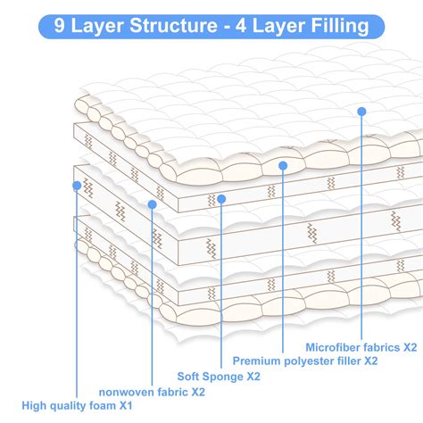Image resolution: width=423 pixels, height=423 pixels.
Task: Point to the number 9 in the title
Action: [x=60, y=26]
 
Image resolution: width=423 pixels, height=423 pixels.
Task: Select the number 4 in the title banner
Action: [x=245, y=26]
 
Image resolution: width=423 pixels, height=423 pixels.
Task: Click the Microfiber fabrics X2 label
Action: [x=361, y=345]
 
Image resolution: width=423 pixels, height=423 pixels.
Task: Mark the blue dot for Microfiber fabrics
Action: [x=361, y=112]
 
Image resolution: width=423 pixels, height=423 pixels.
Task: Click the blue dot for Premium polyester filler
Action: [x=282, y=165]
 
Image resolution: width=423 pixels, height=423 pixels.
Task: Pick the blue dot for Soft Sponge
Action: [x=221, y=198]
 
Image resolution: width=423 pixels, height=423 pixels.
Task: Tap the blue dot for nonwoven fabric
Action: [x=152, y=204]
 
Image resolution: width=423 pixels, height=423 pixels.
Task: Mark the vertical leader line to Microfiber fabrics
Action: [x=361, y=223]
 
